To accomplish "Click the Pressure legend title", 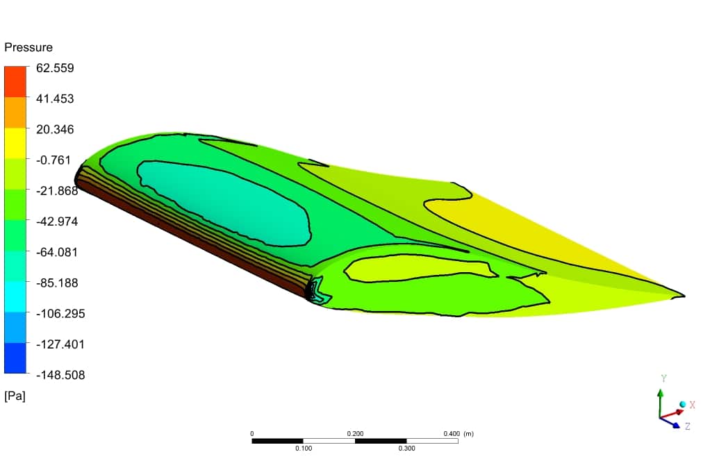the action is pos(28,47).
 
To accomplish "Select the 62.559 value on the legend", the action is pos(55,68).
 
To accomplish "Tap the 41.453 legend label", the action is pos(55,99).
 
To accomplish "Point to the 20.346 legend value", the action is pos(55,130).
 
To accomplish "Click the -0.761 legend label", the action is pos(53,160).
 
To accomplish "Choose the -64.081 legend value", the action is pos(57,253).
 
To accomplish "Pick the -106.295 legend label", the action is pos(60,314).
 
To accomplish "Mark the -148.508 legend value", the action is pos(60,375).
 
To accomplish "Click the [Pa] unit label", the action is pos(15,396).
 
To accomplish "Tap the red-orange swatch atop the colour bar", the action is pos(15,82).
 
